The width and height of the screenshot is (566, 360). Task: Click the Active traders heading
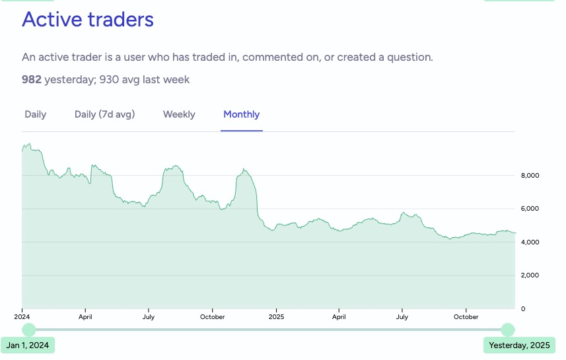[x=88, y=19]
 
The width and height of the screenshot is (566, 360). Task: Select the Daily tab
[x=36, y=114]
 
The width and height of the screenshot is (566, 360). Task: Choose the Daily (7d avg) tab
[x=104, y=114]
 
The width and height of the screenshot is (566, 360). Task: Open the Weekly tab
[x=179, y=114]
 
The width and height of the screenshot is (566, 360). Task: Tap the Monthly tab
[x=242, y=114]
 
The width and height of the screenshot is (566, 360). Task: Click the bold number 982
[x=32, y=80]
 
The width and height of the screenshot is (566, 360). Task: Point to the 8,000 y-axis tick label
[x=531, y=176]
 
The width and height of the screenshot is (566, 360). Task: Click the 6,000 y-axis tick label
[x=531, y=209]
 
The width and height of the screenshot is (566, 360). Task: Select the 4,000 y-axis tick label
[x=531, y=242]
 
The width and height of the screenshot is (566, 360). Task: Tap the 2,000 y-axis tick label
[x=531, y=275]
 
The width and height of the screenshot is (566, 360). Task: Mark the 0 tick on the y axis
[x=523, y=308]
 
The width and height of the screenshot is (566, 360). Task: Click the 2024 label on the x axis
[x=22, y=317]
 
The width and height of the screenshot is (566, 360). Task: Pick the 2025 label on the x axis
[x=276, y=317]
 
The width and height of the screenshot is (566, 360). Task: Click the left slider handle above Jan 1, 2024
[x=29, y=330]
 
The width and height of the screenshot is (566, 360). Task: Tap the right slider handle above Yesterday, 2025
[x=507, y=330]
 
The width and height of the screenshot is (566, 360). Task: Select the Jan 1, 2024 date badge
[x=28, y=345]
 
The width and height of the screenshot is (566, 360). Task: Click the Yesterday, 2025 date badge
[x=519, y=345]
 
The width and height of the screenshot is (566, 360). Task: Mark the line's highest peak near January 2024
[x=28, y=144]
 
